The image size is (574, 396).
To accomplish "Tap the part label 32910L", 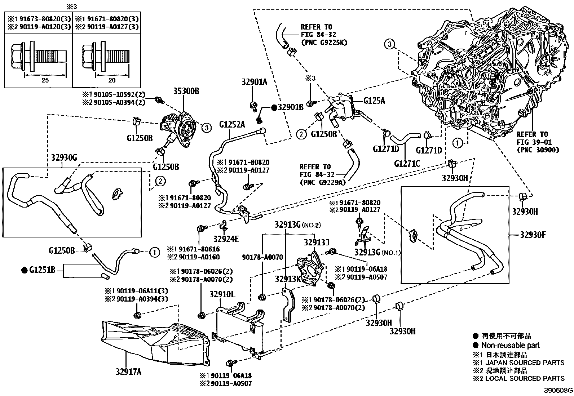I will click(222, 294).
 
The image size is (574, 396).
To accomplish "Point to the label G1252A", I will click(232, 125).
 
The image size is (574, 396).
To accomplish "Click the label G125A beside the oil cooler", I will click(374, 101).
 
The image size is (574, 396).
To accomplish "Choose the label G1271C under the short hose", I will click(407, 164).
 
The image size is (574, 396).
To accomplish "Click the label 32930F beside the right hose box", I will click(533, 235).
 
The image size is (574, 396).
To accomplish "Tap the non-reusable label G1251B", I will click(42, 269).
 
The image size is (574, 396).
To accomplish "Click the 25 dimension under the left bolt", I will click(45, 80).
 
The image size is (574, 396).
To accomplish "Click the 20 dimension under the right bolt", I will click(112, 80).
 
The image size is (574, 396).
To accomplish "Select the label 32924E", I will click(225, 239).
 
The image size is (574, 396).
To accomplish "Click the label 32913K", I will click(287, 279).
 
